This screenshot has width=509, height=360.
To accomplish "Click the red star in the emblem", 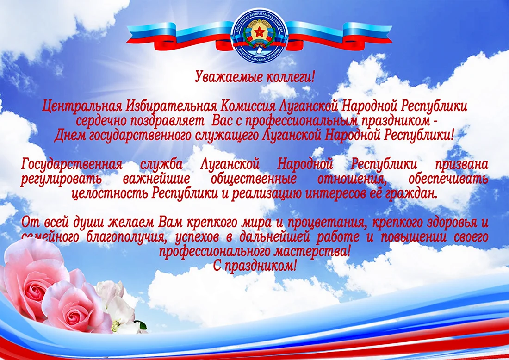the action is [260, 32].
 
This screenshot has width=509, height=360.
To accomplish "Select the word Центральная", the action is [82, 106].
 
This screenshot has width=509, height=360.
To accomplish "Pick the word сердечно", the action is [102, 121].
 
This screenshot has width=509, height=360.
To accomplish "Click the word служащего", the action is [226, 136].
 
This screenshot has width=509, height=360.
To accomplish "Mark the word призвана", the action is [462, 164].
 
